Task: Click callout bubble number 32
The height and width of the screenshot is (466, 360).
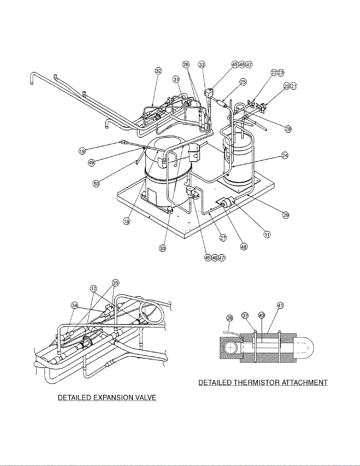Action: point(158,71)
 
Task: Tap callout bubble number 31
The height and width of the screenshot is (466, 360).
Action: point(176,80)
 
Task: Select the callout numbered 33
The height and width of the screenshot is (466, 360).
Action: point(201,65)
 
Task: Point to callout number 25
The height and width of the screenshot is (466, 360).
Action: point(243,82)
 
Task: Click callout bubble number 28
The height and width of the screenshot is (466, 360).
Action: point(288,129)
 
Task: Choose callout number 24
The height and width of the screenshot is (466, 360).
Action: point(285,155)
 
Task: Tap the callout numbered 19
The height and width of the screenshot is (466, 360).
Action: point(82,151)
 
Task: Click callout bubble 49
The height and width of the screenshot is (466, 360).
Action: point(91,163)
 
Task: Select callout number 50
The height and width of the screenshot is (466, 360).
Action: point(96,183)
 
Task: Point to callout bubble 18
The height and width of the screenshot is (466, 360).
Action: point(126,221)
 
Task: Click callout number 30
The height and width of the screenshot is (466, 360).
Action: point(163,248)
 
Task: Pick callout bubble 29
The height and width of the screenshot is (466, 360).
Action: point(286,215)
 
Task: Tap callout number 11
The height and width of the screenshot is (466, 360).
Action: point(267,235)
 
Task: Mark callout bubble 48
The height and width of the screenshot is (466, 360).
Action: point(244,247)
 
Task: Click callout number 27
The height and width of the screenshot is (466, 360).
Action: point(223,238)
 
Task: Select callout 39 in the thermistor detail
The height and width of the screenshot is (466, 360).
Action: point(230,318)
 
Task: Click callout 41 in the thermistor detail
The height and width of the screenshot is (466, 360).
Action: point(280,305)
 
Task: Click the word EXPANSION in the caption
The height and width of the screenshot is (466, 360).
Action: point(113,397)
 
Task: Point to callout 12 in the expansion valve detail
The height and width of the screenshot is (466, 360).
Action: point(93,288)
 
